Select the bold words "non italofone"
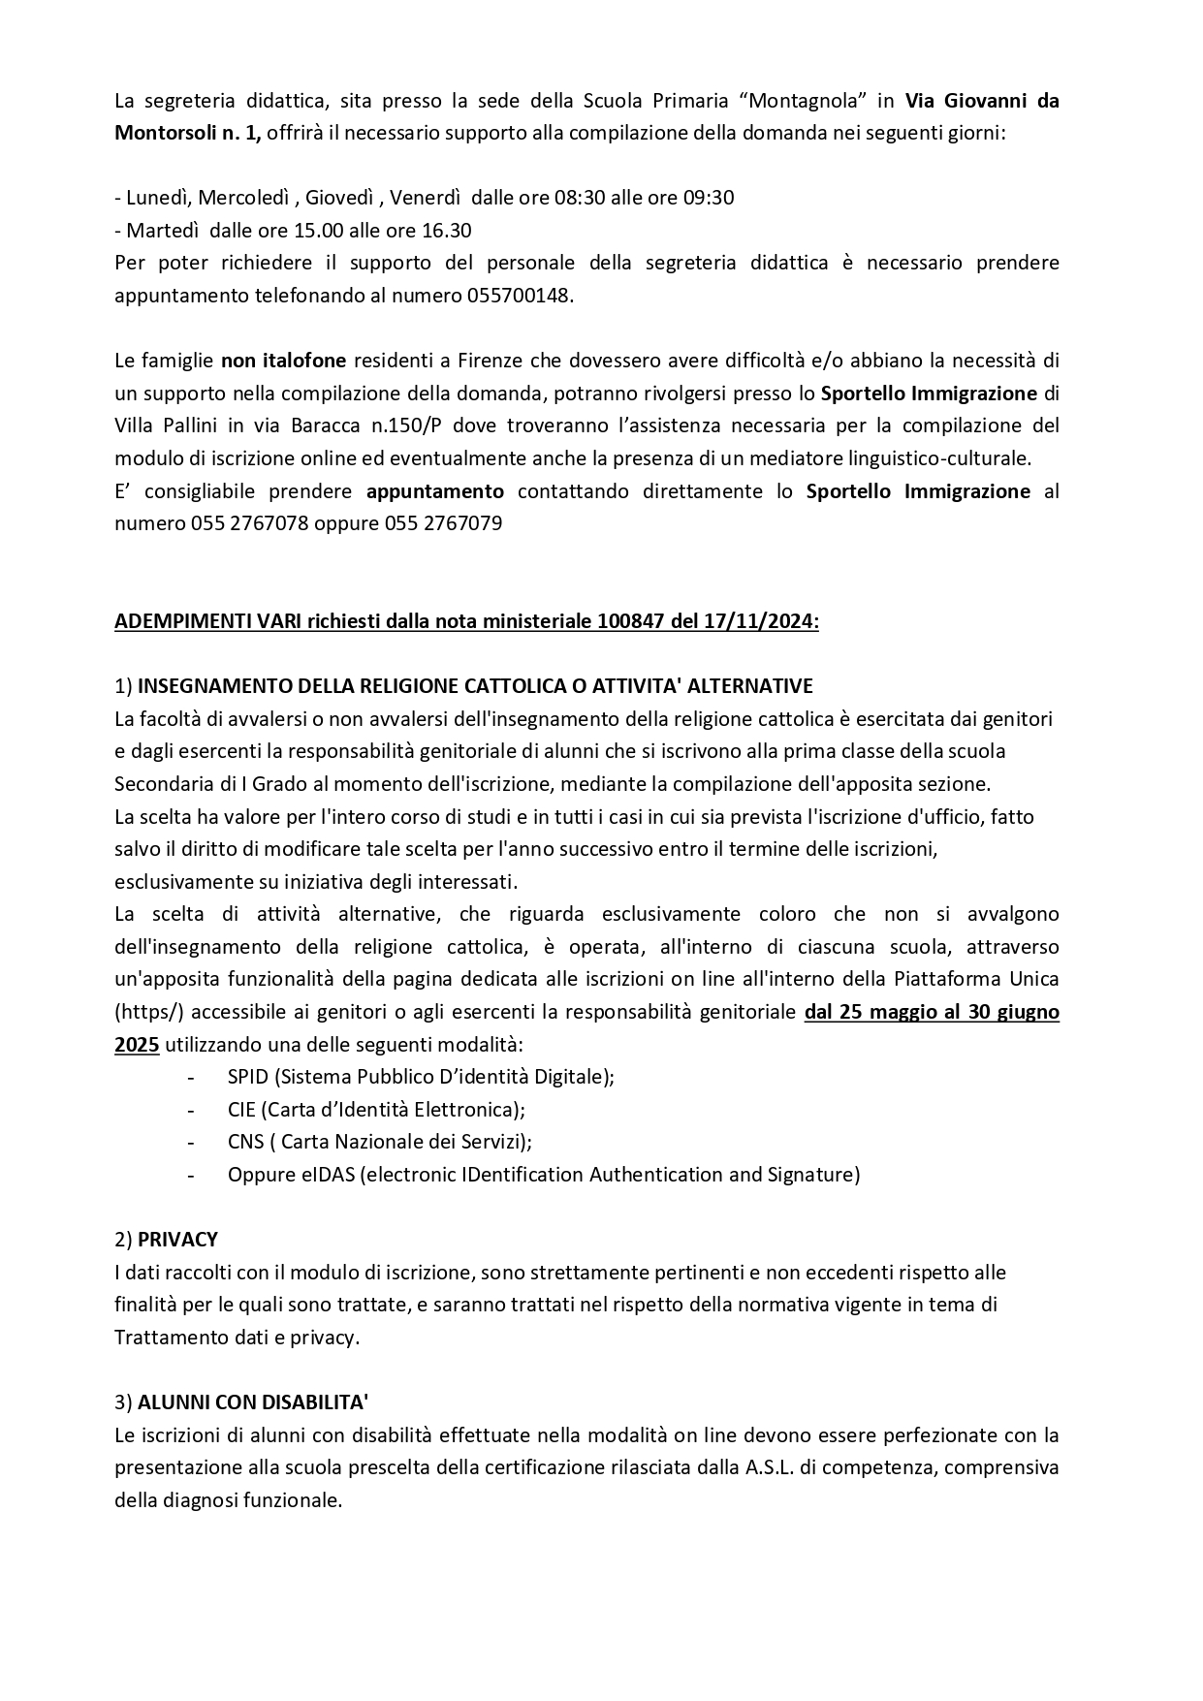[283, 361]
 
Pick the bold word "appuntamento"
[435, 490]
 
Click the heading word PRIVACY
[177, 1239]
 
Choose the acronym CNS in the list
[246, 1141]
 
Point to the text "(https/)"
[149, 1012]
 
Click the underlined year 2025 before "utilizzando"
[137, 1044]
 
